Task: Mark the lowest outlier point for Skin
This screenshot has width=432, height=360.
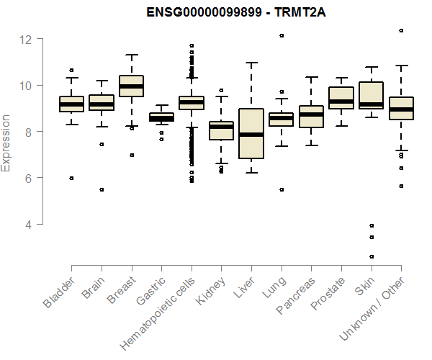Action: click(x=372, y=256)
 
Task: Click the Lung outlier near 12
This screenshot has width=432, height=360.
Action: click(x=282, y=35)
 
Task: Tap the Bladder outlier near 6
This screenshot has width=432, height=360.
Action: click(x=71, y=178)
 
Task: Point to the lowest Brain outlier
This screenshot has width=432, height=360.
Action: click(x=102, y=189)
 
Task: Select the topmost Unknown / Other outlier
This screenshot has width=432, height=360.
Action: click(x=401, y=30)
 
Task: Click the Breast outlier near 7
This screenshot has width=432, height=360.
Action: click(x=132, y=155)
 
